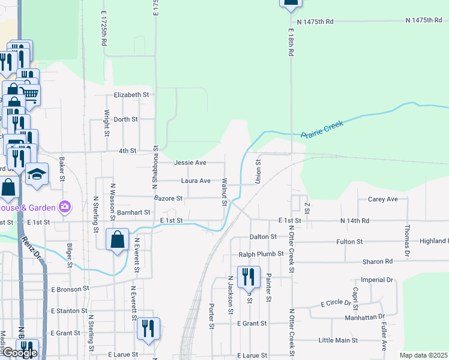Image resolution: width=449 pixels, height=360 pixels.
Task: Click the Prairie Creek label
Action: point(322,129)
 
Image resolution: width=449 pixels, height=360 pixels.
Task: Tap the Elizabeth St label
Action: point(131,95)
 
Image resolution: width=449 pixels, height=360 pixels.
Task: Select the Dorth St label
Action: point(126,119)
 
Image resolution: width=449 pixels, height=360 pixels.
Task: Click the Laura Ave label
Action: point(196,181)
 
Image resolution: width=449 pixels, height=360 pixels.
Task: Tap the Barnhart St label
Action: point(133,212)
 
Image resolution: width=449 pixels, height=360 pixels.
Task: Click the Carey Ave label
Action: point(384,199)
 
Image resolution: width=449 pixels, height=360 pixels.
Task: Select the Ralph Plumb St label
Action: point(261,254)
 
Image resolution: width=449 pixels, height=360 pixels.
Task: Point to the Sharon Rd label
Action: point(377,262)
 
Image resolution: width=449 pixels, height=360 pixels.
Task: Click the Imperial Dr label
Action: point(377,280)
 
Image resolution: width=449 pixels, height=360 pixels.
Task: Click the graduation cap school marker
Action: point(37,175)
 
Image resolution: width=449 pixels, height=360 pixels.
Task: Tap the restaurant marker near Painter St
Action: point(249,278)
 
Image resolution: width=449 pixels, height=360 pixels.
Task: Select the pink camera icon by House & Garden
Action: point(64,208)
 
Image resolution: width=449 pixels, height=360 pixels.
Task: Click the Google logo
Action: point(19,353)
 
